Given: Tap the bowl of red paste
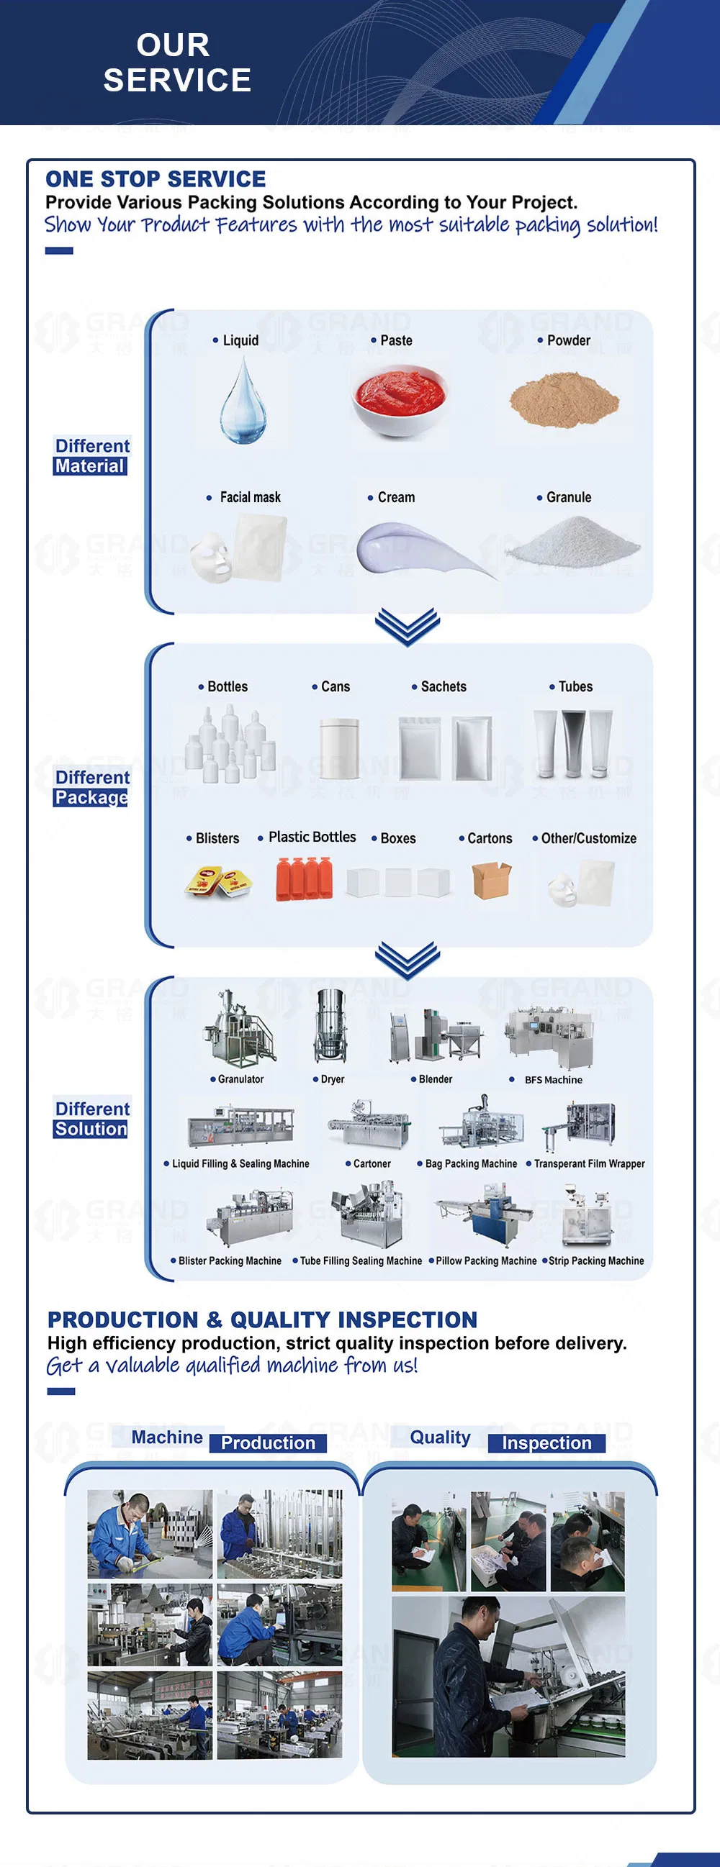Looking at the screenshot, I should pyautogui.click(x=398, y=400).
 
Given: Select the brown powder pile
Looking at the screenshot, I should pyautogui.click(x=564, y=399).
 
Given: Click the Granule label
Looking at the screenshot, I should pyautogui.click(x=569, y=497).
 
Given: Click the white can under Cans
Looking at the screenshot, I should pyautogui.click(x=339, y=748).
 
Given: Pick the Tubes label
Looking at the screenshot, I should pyautogui.click(x=575, y=686).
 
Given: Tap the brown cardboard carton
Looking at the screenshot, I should pyautogui.click(x=492, y=880).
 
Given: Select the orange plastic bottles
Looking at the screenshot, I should pyautogui.click(x=304, y=878).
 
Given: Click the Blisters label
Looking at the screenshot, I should pyautogui.click(x=217, y=838).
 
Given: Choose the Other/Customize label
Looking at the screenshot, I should pyautogui.click(x=588, y=838).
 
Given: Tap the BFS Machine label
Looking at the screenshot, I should pyautogui.click(x=553, y=1079).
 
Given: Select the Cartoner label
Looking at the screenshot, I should pyautogui.click(x=372, y=1163).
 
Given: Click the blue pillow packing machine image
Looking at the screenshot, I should pyautogui.click(x=484, y=1214).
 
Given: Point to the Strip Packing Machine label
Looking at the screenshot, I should pyautogui.click(x=596, y=1260).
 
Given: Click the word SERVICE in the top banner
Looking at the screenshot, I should pyautogui.click(x=177, y=80).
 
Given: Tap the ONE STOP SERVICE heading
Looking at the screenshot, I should pyautogui.click(x=156, y=179).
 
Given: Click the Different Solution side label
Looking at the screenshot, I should pyautogui.click(x=91, y=1118).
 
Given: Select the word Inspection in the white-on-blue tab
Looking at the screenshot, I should pyautogui.click(x=546, y=1443).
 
